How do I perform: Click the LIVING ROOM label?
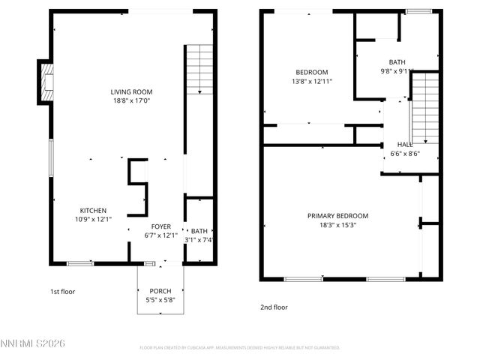tap(131, 91)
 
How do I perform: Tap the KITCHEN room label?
tap(93, 211)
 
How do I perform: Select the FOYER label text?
tap(160, 226)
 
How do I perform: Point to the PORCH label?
tap(160, 291)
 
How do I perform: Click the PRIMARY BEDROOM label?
tap(337, 216)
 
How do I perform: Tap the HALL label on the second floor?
tap(404, 145)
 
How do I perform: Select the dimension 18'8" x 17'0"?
tap(131, 100)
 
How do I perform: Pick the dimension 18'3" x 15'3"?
tap(337, 224)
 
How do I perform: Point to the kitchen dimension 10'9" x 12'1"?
tap(93, 219)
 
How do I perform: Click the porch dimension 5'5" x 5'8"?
tap(160, 299)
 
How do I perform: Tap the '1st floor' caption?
tap(62, 291)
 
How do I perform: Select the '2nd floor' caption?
tap(274, 307)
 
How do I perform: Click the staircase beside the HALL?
tap(425, 108)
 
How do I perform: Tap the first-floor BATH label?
tap(199, 231)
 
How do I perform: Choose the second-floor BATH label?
tap(397, 62)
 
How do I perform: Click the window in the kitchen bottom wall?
tap(80, 263)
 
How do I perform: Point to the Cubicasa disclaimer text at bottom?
tap(240, 348)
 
